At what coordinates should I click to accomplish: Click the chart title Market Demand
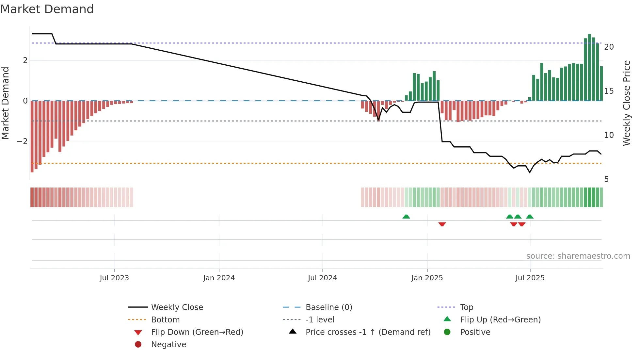click(47, 9)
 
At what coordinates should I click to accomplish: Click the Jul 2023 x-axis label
click(114, 278)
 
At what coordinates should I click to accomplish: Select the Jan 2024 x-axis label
click(219, 278)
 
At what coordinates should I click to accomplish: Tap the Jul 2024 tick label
click(322, 278)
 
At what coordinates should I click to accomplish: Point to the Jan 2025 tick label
click(427, 278)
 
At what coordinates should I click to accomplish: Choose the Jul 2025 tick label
click(530, 278)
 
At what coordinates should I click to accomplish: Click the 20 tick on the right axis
click(609, 47)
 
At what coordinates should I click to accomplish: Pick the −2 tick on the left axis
click(22, 141)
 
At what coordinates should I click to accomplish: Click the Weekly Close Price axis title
click(626, 103)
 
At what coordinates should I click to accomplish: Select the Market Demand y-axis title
click(6, 103)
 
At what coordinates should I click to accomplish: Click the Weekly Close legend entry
click(177, 307)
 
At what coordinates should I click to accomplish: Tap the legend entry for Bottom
click(165, 320)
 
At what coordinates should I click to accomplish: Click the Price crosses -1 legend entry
click(368, 332)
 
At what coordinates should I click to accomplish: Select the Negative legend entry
click(168, 345)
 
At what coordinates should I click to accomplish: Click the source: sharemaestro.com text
click(578, 256)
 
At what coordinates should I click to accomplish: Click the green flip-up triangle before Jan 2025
click(406, 217)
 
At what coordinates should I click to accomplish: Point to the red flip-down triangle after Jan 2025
click(442, 224)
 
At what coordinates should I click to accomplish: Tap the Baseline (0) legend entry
click(328, 307)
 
